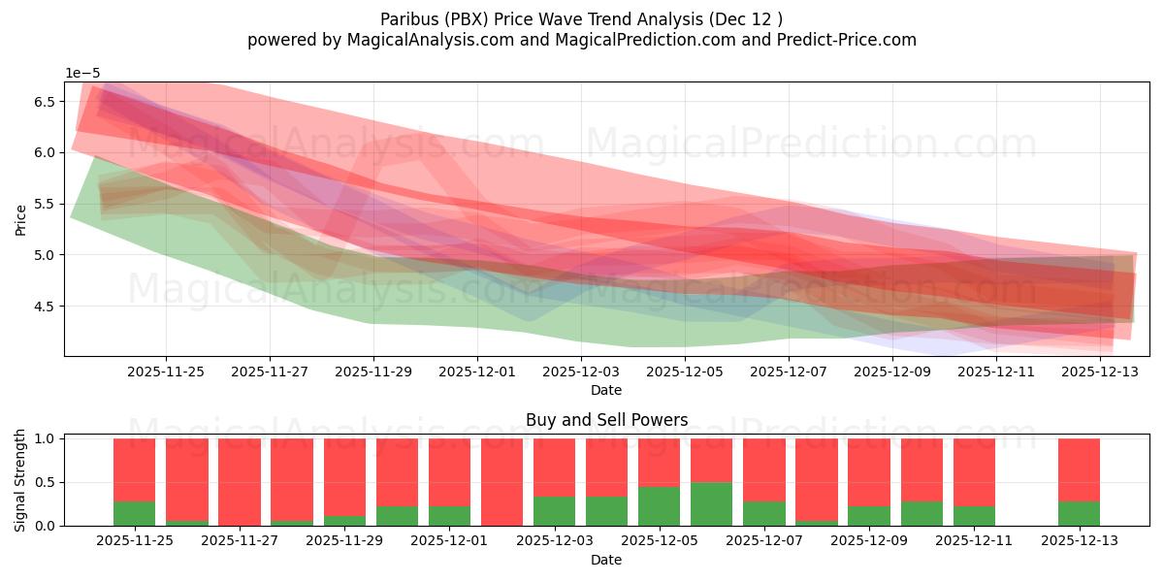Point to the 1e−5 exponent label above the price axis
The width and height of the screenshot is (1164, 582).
[82, 74]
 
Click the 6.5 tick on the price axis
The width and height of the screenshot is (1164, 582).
[44, 102]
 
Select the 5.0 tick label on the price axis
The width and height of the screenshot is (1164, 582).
[44, 255]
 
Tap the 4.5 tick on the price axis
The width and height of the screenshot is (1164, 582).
[44, 307]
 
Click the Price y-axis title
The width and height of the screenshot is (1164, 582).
[21, 219]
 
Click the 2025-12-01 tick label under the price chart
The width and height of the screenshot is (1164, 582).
[477, 371]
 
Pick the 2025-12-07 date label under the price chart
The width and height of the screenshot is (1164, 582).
[789, 371]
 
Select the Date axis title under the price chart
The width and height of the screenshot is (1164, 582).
[606, 390]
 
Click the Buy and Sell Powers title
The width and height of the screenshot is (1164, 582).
[606, 420]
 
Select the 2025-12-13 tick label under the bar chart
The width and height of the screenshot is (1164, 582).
[1079, 540]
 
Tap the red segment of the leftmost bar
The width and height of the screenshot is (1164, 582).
[134, 469]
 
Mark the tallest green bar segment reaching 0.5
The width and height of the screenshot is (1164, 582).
[711, 504]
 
